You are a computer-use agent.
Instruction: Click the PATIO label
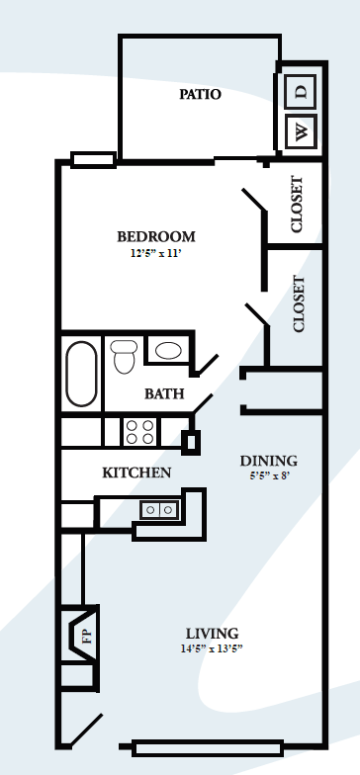point(200,95)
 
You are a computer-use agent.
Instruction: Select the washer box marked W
point(302,129)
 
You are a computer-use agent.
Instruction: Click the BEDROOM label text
point(156,237)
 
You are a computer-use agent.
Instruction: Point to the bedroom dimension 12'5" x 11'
point(156,254)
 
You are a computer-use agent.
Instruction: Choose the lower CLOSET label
point(300,302)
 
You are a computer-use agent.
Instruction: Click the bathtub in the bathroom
point(81,374)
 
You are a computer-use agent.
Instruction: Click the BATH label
point(164,393)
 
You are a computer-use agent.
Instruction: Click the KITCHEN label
point(136,473)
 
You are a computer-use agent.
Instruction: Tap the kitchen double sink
point(159,509)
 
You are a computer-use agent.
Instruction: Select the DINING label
point(269,461)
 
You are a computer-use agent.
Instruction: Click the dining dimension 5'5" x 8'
point(269,476)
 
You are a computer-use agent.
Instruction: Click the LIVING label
point(213,634)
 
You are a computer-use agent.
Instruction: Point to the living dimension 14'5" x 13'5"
point(213,649)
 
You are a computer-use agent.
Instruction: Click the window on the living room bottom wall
point(208,746)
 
